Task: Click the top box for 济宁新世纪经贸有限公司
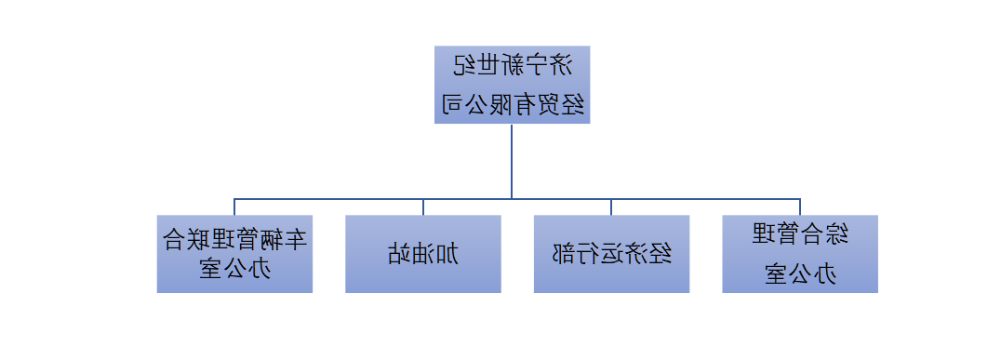(x=512, y=85)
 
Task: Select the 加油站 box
(x=423, y=254)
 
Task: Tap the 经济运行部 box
(x=611, y=254)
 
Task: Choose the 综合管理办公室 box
(x=800, y=254)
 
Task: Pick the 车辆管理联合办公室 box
(x=234, y=254)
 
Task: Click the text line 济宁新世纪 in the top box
(x=512, y=65)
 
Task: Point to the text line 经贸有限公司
(x=512, y=104)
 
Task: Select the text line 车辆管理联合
(x=234, y=240)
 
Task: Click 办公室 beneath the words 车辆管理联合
(x=234, y=270)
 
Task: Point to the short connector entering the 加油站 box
(x=423, y=207)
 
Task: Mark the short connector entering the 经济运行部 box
(x=611, y=207)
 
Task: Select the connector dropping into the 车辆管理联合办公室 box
(x=234, y=207)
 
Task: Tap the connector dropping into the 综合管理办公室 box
(x=800, y=207)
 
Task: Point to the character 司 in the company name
(x=451, y=104)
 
